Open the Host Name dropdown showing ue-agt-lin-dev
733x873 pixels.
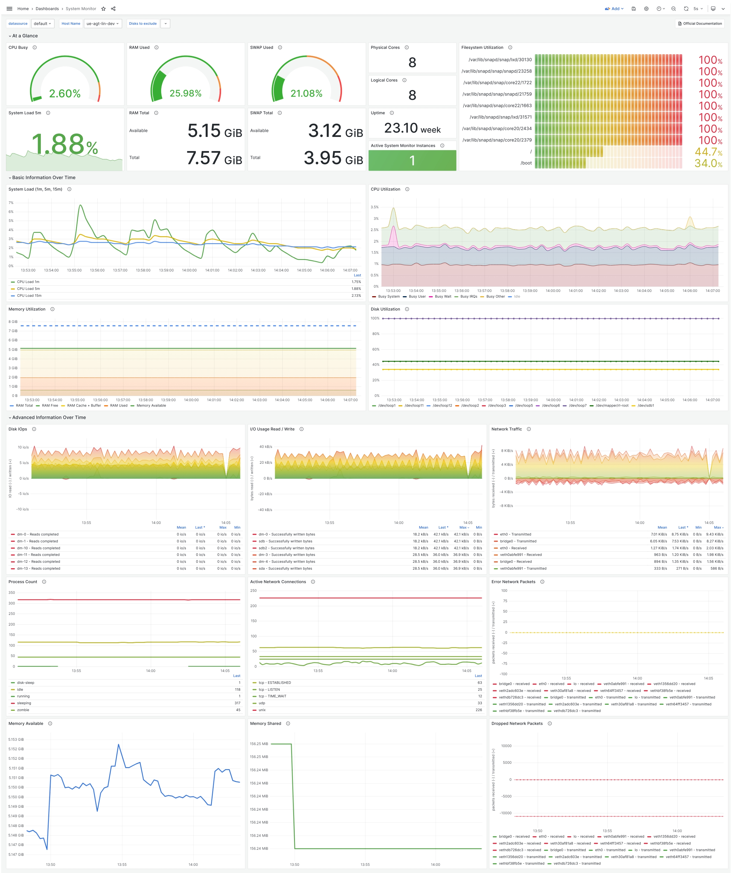pos(103,24)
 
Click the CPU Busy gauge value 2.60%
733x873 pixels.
pos(65,94)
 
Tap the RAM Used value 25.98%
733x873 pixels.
pos(185,94)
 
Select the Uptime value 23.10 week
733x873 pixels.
pos(412,128)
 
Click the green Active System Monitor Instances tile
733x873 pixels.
pos(412,160)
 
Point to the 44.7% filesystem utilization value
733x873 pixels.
pos(708,152)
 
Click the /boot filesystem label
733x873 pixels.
pos(526,163)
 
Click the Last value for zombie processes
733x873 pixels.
pos(238,710)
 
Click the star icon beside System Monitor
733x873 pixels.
pos(103,9)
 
